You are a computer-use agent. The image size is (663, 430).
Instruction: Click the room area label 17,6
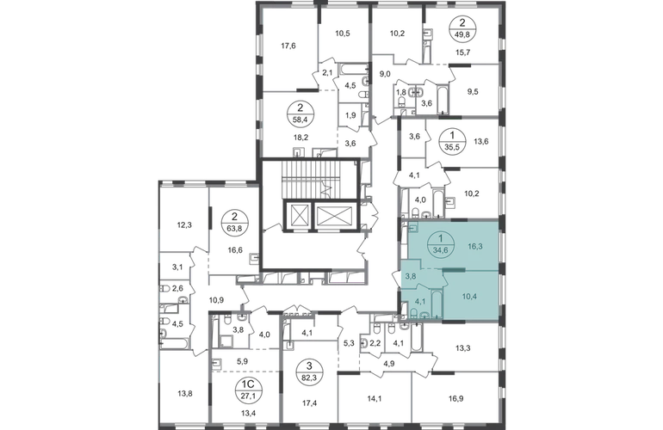288,46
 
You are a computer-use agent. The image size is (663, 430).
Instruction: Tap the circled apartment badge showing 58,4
300,114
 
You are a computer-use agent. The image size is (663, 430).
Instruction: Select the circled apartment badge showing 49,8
463,28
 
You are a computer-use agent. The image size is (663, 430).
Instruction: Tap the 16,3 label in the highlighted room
475,246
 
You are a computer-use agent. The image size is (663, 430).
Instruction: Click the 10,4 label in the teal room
469,296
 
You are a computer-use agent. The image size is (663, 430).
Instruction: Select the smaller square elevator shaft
298,215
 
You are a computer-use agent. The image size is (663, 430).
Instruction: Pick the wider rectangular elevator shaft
333,215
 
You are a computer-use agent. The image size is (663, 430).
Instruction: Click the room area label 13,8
185,394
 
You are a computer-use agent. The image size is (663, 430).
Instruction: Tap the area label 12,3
184,225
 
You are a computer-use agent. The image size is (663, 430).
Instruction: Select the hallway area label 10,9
216,300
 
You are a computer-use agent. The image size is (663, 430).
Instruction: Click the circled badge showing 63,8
235,223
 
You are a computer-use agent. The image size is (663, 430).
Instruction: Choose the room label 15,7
464,52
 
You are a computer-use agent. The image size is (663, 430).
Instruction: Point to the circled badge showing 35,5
452,141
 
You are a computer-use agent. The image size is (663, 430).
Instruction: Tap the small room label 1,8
400,91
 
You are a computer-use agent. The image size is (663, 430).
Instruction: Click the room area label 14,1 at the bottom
375,397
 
